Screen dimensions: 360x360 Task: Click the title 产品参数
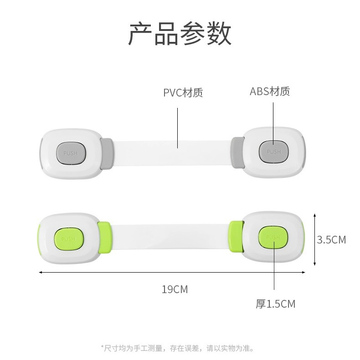(180, 34)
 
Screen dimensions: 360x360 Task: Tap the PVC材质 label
(183, 93)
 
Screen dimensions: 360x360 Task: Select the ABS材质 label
(270, 91)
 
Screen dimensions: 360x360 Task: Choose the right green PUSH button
(273, 237)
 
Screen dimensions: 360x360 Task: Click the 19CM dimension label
(175, 289)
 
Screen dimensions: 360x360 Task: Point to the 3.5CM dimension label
(331, 239)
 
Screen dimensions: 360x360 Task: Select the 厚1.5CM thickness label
(275, 304)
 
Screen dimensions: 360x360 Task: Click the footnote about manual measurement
(177, 348)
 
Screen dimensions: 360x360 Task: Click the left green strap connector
(104, 238)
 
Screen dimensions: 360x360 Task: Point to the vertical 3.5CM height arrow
(314, 239)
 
